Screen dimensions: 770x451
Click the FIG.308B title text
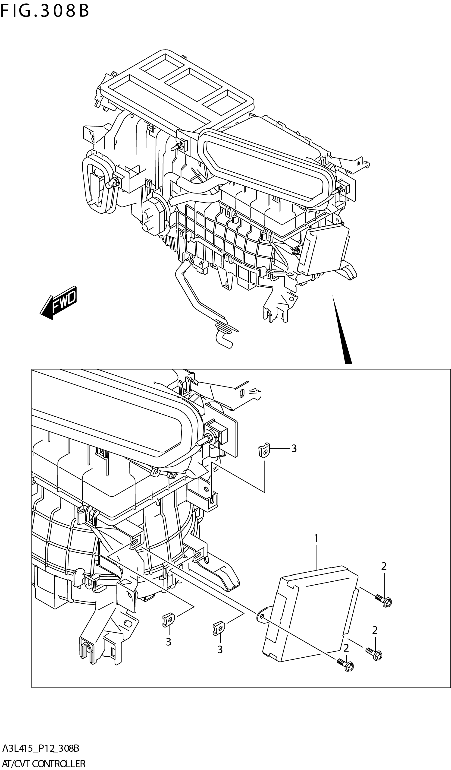pos(45,11)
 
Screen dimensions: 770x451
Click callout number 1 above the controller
pos(316,538)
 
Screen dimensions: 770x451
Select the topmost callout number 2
pos(384,566)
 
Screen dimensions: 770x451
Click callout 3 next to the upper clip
pos(294,449)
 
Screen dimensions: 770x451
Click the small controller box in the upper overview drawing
pos(324,249)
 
